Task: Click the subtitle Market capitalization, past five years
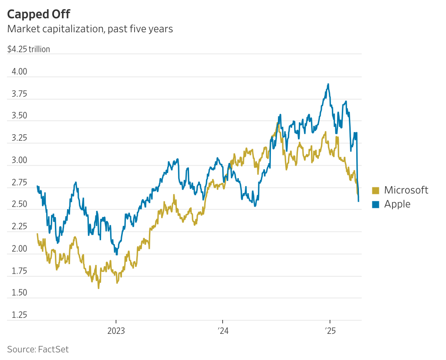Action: click(x=90, y=29)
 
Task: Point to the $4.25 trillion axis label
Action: click(x=29, y=49)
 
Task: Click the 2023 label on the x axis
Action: click(x=116, y=330)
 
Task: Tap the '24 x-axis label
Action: click(x=223, y=330)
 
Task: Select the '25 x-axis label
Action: click(x=329, y=330)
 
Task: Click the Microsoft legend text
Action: click(x=406, y=190)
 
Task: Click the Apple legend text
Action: click(x=397, y=204)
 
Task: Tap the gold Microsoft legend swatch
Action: click(x=376, y=190)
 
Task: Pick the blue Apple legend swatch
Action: click(x=376, y=204)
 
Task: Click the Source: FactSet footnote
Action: click(x=38, y=349)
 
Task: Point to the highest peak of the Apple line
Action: click(x=328, y=84)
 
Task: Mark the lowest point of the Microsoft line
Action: click(x=99, y=288)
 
